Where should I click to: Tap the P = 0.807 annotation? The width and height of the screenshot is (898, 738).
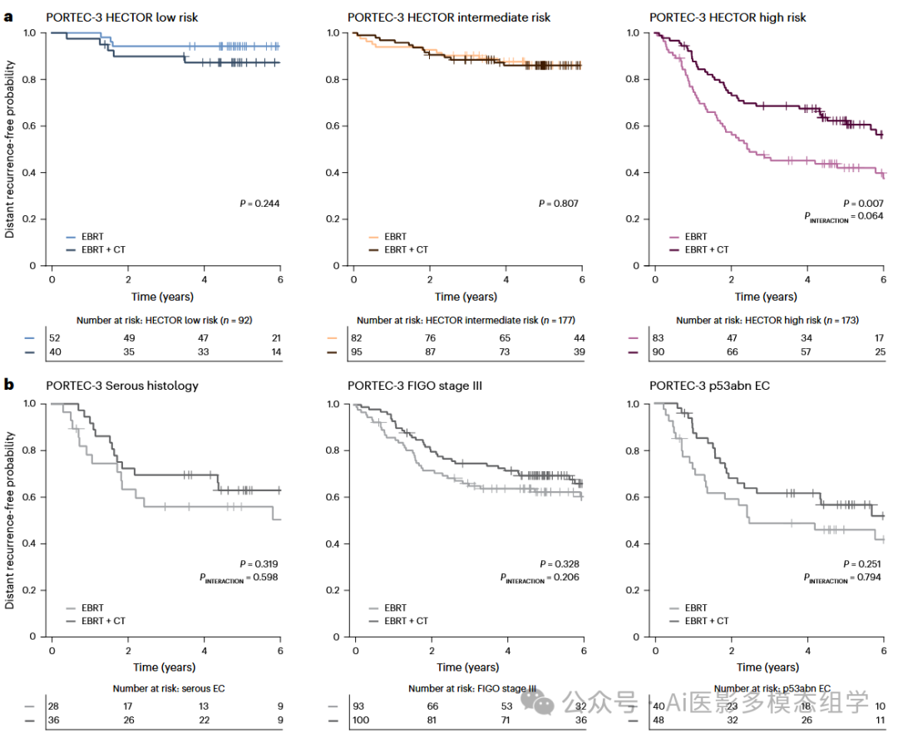[559, 203]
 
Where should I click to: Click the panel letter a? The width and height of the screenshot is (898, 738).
[10, 17]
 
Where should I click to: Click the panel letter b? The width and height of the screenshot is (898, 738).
[10, 385]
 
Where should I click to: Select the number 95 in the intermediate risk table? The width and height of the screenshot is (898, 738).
[359, 353]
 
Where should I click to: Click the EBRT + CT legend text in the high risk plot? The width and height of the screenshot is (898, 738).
[707, 249]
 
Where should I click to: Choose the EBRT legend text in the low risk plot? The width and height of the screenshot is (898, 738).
[94, 236]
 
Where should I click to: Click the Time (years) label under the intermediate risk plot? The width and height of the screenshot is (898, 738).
[466, 297]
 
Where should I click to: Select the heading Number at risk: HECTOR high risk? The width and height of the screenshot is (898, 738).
[767, 320]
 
